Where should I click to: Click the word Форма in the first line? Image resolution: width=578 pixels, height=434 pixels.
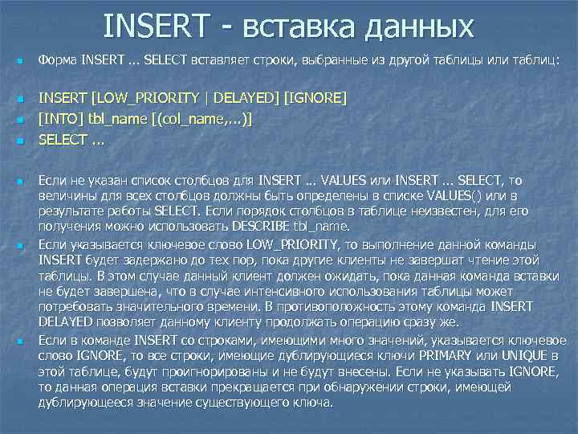click(58, 60)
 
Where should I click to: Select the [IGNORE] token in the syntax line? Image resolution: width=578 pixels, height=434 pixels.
click(316, 98)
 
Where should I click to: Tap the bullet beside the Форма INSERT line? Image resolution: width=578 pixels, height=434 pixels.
click(19, 61)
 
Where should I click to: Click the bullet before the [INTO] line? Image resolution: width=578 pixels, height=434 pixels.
click(19, 120)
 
